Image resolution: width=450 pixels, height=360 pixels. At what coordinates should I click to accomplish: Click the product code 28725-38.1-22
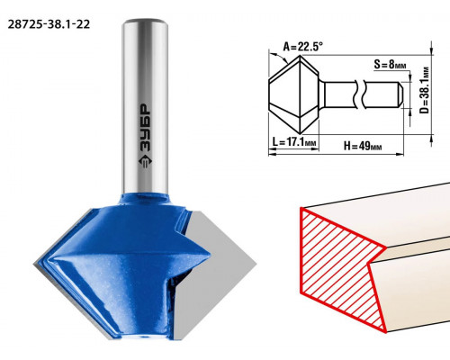(49, 24)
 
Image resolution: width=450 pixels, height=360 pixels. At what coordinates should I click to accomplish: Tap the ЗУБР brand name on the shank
(146, 128)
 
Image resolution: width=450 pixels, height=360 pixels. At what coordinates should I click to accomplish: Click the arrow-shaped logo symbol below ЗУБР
(146, 162)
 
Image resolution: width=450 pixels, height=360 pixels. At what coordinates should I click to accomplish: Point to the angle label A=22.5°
(303, 47)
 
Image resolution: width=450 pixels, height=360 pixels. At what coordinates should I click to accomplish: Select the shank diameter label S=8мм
(390, 64)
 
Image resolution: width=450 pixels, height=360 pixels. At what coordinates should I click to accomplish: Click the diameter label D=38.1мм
(424, 89)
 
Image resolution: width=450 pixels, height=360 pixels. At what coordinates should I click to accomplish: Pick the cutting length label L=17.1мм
(294, 141)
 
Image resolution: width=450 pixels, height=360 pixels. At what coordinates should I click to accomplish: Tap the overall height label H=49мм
(363, 146)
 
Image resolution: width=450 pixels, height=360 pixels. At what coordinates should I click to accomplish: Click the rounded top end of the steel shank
(145, 22)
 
